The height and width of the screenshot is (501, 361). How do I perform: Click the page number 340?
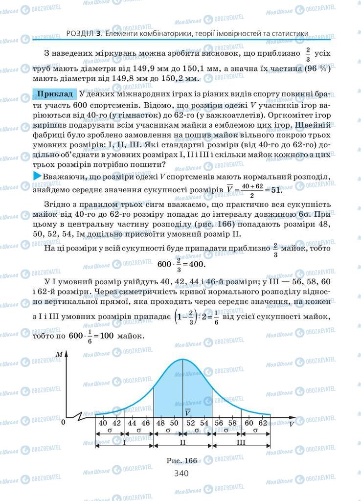pos(181,473)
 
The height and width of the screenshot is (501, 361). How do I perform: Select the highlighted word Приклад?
pos(55,93)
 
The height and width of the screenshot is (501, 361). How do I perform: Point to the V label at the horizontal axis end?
pos(292,424)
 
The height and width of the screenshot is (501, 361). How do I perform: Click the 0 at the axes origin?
pos(63,422)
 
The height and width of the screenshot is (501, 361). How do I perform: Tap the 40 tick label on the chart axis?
pos(103,423)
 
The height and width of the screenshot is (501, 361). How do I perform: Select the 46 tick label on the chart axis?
pos(146,423)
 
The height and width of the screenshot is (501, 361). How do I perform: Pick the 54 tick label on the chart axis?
pos(204,423)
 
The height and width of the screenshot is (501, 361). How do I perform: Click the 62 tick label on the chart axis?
pos(262,423)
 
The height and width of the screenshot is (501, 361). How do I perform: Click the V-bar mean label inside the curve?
pos(187,413)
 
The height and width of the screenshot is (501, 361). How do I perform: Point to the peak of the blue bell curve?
pos(182,360)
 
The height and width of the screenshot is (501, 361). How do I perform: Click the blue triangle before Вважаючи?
pos(37,176)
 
